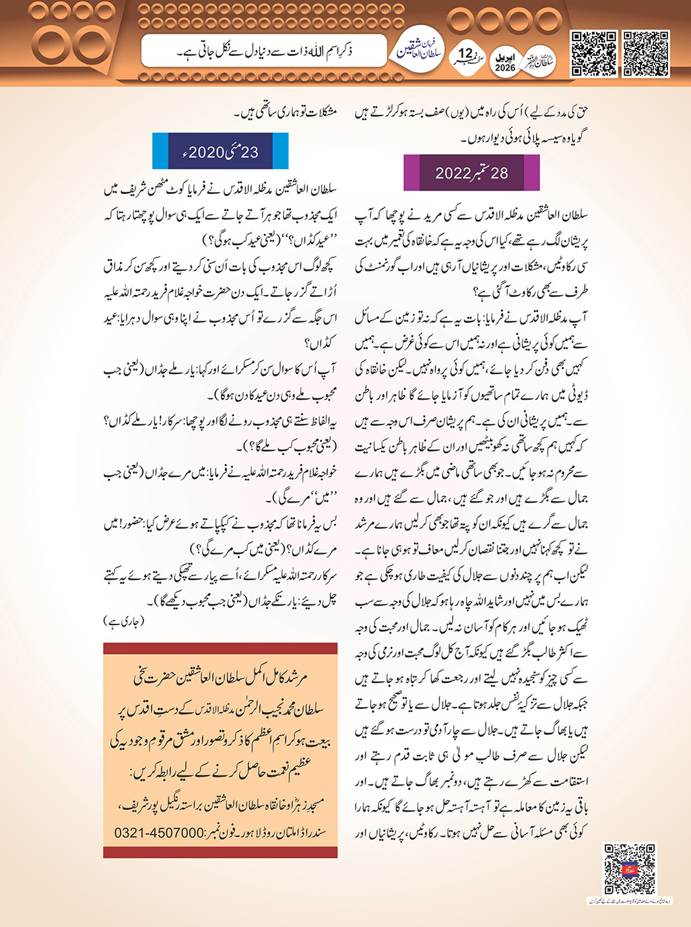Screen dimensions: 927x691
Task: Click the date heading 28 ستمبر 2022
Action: (471, 173)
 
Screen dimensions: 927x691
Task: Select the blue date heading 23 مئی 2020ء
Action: (220, 152)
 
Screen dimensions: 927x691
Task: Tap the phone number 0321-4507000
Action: (159, 833)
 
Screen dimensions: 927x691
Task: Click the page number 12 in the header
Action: (466, 54)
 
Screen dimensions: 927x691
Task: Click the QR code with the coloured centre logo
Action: (629, 868)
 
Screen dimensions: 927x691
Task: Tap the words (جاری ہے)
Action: (123, 620)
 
